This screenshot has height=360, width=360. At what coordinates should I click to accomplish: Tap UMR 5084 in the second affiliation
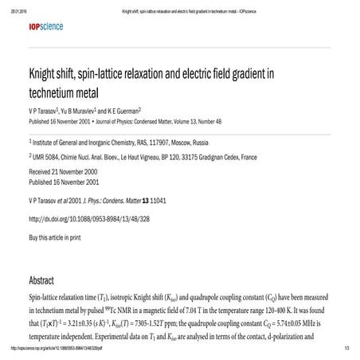pyautogui.click(x=49, y=158)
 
